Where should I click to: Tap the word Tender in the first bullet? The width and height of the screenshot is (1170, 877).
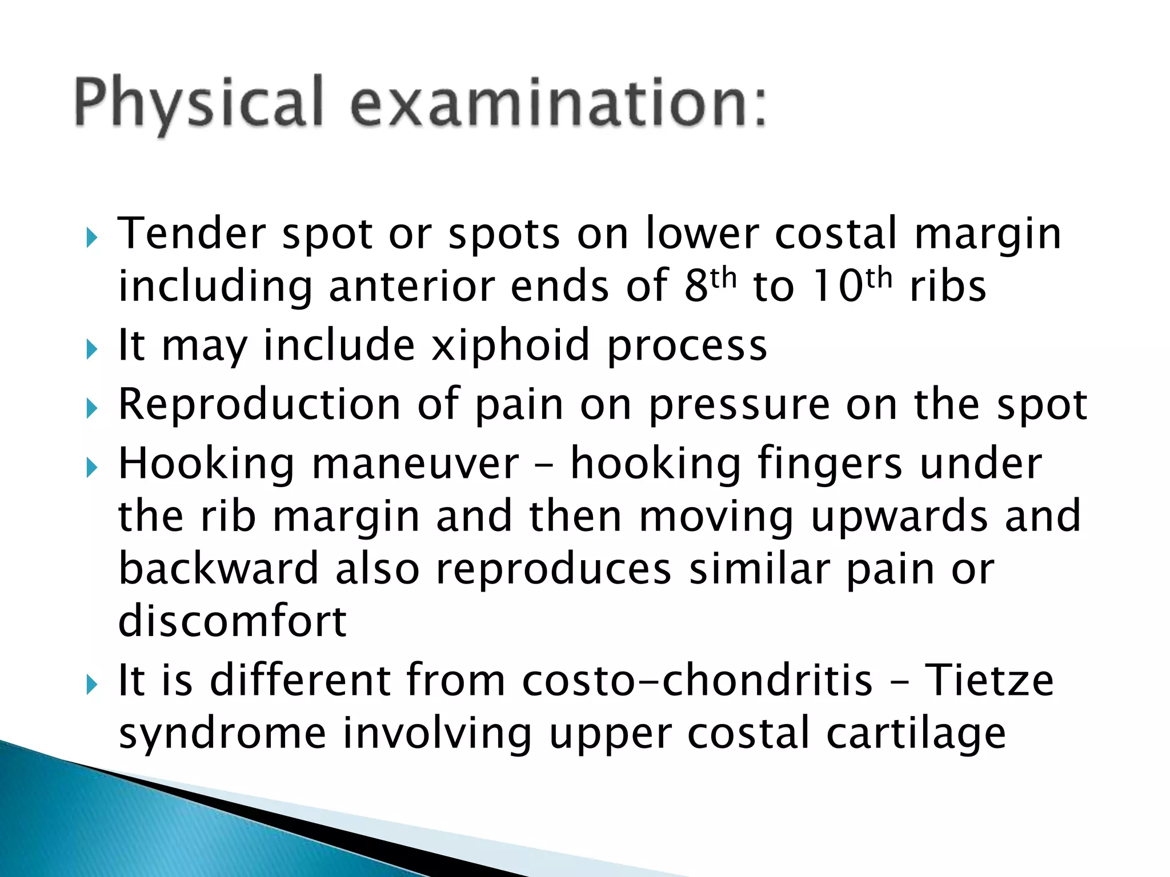[191, 234]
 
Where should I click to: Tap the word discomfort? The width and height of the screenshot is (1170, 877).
[232, 621]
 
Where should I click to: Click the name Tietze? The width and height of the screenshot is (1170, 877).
[989, 680]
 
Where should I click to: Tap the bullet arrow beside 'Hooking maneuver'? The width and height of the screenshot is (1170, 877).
[92, 468]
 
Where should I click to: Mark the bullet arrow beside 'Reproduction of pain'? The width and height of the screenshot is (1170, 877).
[92, 408]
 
